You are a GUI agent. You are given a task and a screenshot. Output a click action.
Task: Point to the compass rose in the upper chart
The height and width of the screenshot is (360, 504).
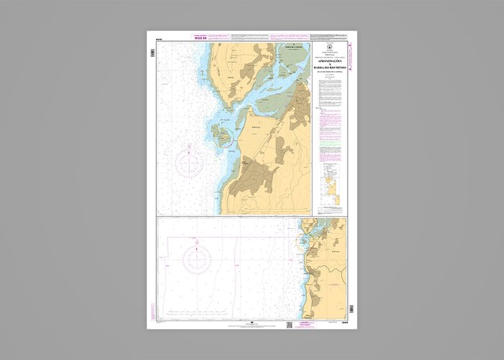pos(189,161)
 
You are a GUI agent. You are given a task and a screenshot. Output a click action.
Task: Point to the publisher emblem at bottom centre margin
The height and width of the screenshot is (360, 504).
pos(251,323)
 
